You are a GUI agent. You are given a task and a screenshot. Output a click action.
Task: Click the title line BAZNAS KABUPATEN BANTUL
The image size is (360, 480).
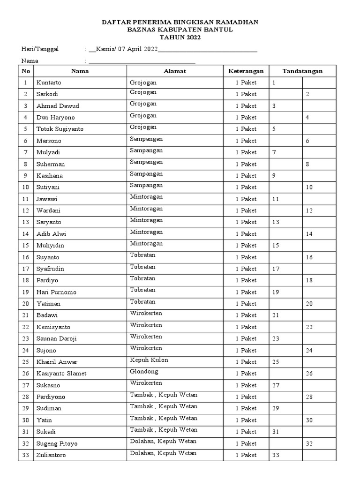180,30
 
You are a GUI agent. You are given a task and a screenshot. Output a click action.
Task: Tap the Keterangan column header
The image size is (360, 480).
246,71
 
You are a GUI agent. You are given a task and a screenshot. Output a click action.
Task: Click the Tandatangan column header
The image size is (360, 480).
302,71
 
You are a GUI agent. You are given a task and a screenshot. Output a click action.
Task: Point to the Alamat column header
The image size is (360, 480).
175,71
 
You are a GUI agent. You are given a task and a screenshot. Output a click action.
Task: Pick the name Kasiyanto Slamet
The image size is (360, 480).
61,374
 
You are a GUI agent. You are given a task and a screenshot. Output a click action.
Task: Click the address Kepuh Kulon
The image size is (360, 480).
149,360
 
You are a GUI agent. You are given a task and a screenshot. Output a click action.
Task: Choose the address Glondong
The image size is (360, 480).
144,372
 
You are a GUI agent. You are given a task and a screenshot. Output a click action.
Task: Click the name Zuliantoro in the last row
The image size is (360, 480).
51,455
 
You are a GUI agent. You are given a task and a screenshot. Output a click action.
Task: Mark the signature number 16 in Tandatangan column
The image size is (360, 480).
309,257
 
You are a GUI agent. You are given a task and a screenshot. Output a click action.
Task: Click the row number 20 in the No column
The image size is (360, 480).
25,304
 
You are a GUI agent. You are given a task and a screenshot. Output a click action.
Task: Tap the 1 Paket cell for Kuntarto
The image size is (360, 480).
246,83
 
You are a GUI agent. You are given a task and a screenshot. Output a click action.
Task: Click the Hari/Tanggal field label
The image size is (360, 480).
40,49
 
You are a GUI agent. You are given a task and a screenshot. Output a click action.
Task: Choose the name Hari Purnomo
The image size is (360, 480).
56,292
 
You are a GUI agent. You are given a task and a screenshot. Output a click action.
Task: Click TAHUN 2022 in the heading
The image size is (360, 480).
180,37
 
